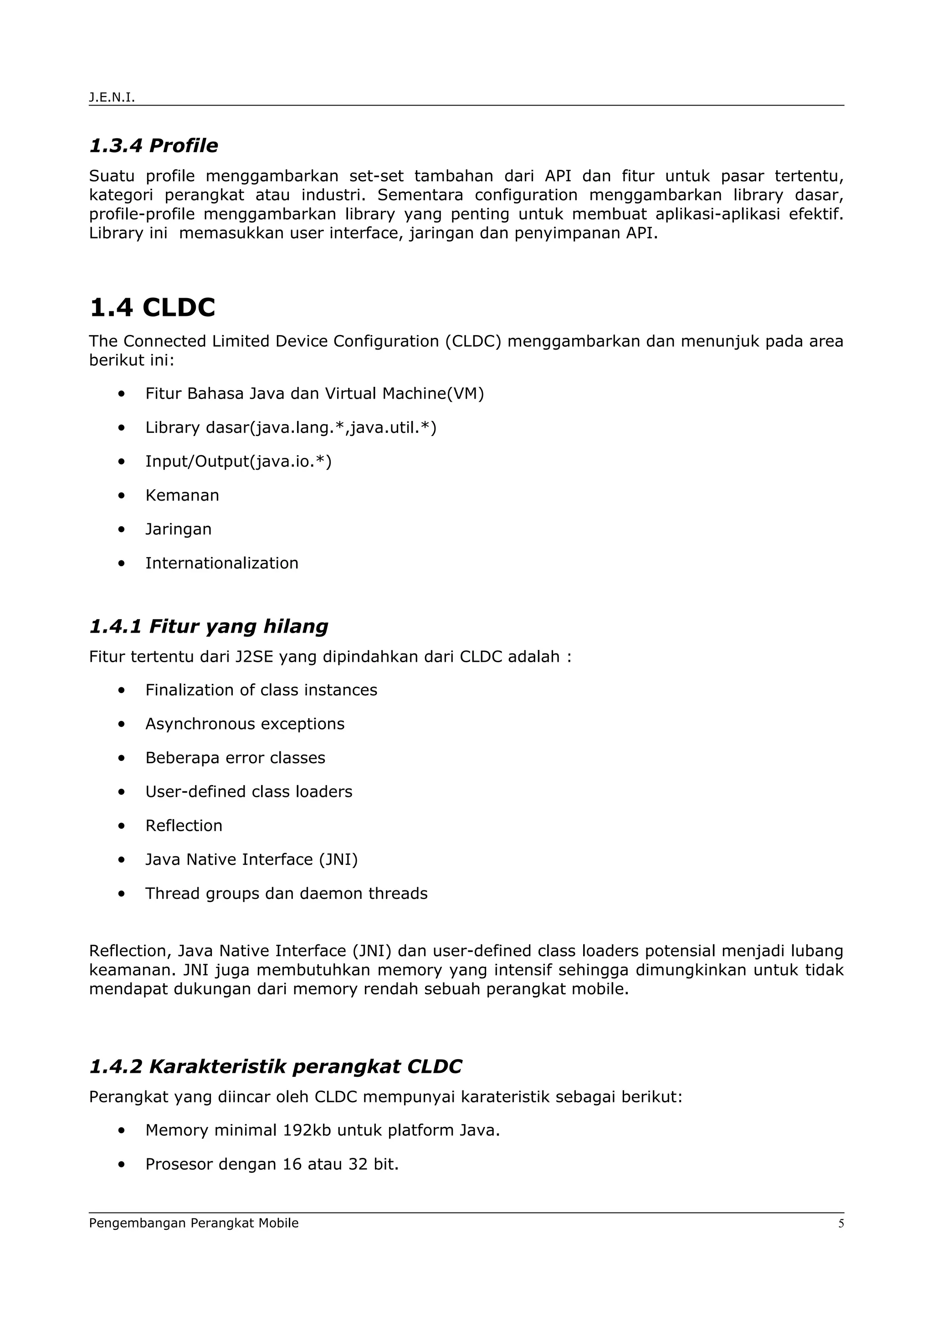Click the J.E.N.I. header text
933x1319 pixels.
point(112,98)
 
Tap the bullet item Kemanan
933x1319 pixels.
point(182,495)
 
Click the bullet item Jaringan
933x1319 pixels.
point(178,529)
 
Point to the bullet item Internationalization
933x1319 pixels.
point(221,563)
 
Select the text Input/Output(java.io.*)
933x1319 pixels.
point(238,462)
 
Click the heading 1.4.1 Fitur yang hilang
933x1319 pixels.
point(209,626)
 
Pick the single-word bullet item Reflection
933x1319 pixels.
point(184,826)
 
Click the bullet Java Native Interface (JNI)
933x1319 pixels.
point(251,859)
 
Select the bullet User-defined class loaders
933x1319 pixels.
point(248,791)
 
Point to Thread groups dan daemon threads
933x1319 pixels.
point(286,893)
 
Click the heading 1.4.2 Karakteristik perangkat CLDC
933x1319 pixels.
point(275,1067)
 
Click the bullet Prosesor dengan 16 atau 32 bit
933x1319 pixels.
point(272,1164)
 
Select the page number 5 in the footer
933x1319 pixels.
point(841,1223)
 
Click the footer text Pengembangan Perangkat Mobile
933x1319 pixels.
point(194,1223)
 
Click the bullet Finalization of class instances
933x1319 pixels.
point(261,690)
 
